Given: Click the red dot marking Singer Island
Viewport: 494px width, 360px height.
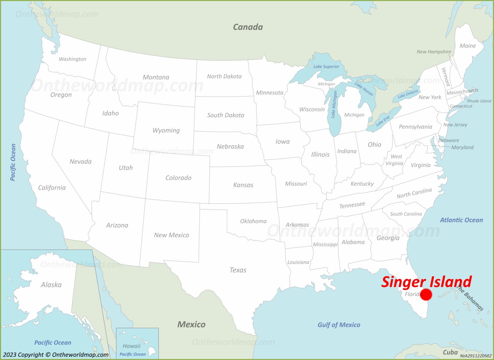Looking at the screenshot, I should point(426,294).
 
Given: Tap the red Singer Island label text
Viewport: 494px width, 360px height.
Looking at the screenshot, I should point(426,282).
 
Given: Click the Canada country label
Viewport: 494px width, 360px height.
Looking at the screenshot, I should point(248,27).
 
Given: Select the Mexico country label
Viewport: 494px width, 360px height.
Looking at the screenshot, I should point(191,324).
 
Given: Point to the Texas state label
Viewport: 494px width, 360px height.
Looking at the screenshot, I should point(238,270).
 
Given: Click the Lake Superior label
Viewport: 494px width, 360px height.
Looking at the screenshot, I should point(326,66).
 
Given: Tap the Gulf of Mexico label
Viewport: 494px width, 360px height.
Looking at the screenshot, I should point(339,325).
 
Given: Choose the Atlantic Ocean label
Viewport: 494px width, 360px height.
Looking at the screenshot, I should point(461,220).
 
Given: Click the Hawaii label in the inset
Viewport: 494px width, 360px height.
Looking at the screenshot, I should point(132,346).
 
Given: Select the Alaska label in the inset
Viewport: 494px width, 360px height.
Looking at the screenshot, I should point(51,285).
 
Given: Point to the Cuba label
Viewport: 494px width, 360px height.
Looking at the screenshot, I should point(450,352).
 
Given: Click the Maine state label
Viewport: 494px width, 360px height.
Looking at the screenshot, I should point(468,46).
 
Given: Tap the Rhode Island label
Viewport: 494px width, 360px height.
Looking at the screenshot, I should point(479,101).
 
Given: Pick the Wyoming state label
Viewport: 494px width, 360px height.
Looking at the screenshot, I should point(166,130).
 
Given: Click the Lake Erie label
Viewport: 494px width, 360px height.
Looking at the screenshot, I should point(383,121).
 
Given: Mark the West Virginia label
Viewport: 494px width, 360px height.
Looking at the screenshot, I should point(395,160).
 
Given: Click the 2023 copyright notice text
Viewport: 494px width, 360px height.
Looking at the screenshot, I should point(56,355).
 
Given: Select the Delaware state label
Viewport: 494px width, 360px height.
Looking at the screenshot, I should point(448,140).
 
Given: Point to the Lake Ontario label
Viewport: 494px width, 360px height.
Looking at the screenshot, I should point(408,94).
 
